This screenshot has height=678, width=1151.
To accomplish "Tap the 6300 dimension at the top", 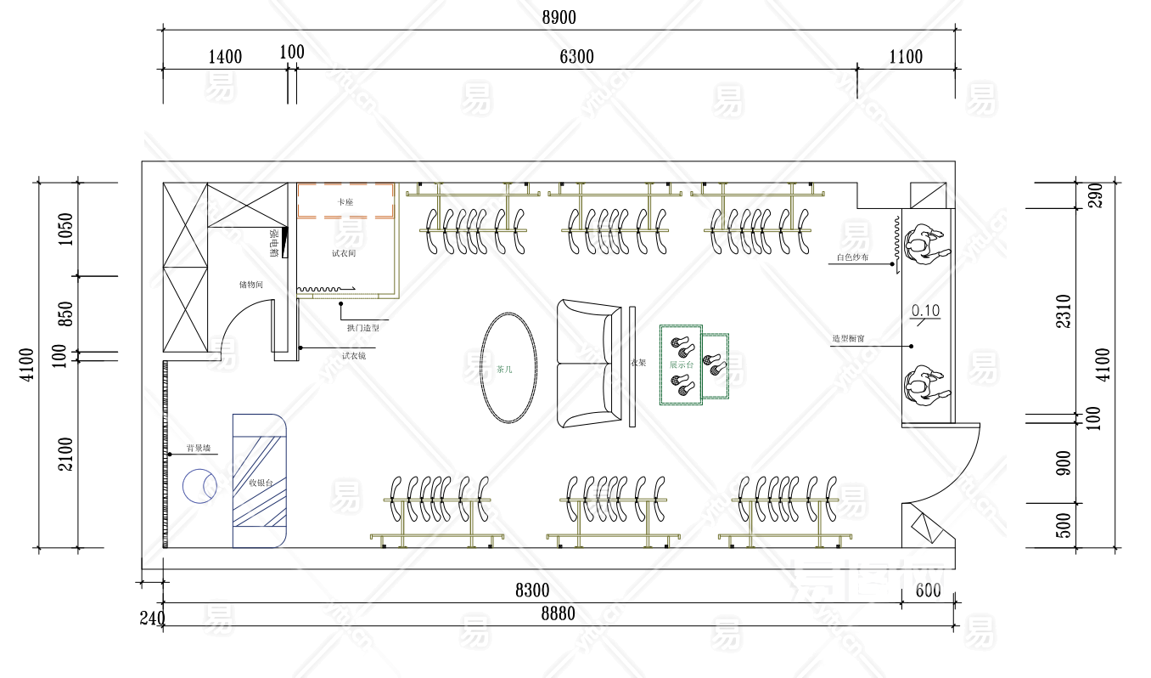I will [x=576, y=57].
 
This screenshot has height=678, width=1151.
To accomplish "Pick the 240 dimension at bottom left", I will [x=152, y=618].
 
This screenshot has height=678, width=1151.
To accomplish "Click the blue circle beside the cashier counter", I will [x=199, y=485].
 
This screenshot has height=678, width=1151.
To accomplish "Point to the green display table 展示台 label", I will [x=682, y=364].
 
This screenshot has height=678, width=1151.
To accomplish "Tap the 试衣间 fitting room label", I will [x=344, y=253].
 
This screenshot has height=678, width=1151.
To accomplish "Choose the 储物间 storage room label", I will [x=250, y=285].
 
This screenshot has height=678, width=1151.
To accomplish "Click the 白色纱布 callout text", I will [x=852, y=257].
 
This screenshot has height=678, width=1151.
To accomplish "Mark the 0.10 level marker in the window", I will [x=925, y=311].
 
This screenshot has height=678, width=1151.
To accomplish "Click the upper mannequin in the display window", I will [x=925, y=246].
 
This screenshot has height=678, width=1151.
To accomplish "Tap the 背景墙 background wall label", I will [x=199, y=448].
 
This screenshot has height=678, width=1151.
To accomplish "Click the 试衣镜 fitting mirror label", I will [x=354, y=355].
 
